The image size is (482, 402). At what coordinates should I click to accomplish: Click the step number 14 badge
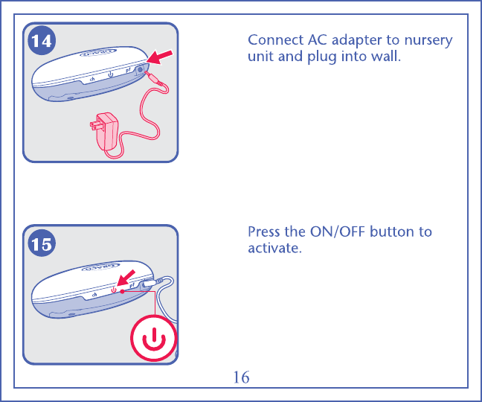[x=42, y=41]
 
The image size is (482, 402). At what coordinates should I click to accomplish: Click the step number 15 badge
[x=42, y=243]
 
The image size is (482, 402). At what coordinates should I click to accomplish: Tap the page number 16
[x=241, y=377]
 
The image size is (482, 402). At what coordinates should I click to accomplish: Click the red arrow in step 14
[x=160, y=57]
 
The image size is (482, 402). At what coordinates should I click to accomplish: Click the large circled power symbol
[x=154, y=338]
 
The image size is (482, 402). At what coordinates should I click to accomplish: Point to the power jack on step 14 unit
[x=140, y=70]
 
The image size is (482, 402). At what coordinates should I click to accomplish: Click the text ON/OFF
[x=337, y=232]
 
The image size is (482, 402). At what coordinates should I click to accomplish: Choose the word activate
[x=274, y=248]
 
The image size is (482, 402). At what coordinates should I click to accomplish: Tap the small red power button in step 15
[x=114, y=290]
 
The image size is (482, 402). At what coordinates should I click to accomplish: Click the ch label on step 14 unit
[x=92, y=79]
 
